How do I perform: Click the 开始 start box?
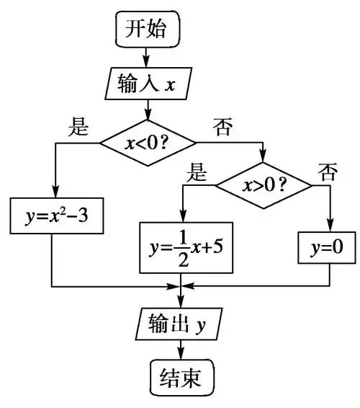coord(148,30)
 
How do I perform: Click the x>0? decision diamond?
coord(265,185)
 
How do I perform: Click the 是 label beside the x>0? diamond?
coord(197,172)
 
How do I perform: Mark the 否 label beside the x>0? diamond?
coord(328,172)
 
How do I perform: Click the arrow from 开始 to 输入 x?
coord(148,56)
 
